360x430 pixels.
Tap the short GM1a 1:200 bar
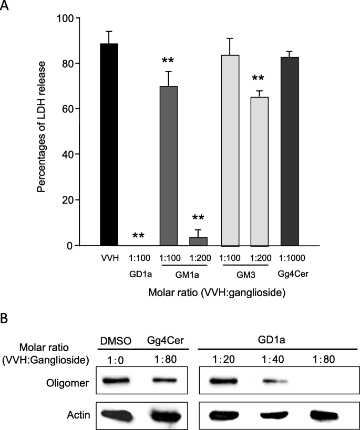coord(198,242)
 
